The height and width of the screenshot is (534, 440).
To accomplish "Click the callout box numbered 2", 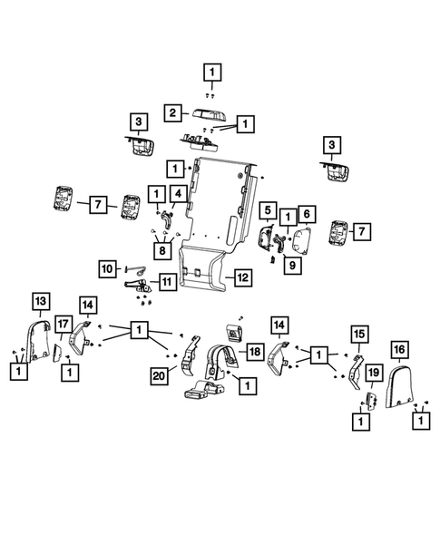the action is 172,112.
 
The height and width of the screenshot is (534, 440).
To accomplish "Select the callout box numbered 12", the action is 242,277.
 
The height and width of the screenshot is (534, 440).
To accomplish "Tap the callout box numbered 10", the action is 107,268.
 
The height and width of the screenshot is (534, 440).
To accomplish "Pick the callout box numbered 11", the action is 167,282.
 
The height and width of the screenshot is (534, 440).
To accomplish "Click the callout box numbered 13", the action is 41,301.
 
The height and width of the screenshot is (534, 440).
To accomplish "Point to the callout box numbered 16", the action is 399,350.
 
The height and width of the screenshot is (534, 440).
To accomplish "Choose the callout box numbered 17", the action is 64,324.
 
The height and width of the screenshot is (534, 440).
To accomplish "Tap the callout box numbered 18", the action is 255,352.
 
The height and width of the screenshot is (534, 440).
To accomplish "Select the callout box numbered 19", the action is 374,373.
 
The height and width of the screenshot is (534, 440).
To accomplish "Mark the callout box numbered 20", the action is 159,376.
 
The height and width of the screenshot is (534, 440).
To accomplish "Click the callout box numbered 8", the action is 162,250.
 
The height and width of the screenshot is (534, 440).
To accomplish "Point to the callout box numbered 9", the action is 292,265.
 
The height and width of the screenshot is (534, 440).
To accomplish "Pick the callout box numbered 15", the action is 359,335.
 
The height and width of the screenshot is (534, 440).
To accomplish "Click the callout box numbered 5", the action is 268,210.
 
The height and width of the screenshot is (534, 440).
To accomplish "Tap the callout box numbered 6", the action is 307,214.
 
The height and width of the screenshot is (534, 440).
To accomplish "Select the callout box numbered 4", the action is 179,194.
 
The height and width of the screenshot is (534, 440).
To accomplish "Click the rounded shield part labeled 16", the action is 399,386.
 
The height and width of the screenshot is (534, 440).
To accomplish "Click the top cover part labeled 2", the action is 209,115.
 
